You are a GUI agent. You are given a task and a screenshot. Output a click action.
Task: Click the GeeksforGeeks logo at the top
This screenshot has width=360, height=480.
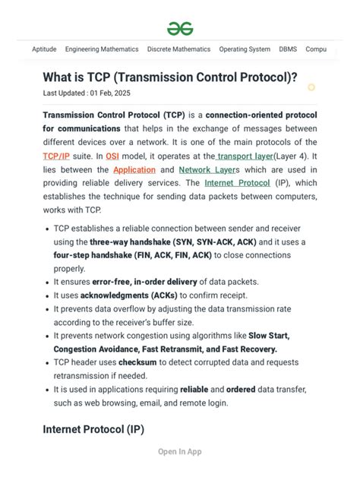(x=180, y=28)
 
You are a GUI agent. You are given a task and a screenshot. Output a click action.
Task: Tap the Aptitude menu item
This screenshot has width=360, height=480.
(x=44, y=49)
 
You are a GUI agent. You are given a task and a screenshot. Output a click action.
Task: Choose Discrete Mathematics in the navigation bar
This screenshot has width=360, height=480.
(x=178, y=49)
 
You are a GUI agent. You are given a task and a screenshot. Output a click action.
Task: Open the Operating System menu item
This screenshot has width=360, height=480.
(x=245, y=49)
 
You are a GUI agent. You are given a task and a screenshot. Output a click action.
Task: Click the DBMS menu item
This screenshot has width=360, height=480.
(x=288, y=49)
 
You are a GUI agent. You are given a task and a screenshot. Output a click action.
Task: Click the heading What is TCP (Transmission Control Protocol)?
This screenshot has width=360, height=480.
(x=170, y=77)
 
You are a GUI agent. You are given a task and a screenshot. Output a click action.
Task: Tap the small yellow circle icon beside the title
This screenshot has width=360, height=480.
(x=311, y=87)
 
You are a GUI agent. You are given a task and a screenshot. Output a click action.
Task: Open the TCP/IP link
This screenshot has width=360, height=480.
(x=56, y=156)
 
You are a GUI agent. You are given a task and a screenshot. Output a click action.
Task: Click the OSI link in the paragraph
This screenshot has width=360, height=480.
(x=112, y=156)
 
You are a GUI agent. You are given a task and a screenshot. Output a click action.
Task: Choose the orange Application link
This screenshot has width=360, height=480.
(x=134, y=169)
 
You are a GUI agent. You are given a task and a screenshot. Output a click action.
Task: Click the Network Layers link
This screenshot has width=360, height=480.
(x=209, y=169)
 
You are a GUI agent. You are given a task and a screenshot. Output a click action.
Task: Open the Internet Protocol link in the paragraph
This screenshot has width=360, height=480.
(x=237, y=183)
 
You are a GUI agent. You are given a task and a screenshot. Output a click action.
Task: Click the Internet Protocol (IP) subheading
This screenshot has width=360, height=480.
(x=93, y=429)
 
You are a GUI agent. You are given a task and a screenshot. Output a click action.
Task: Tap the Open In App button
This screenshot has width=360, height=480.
(x=179, y=452)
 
